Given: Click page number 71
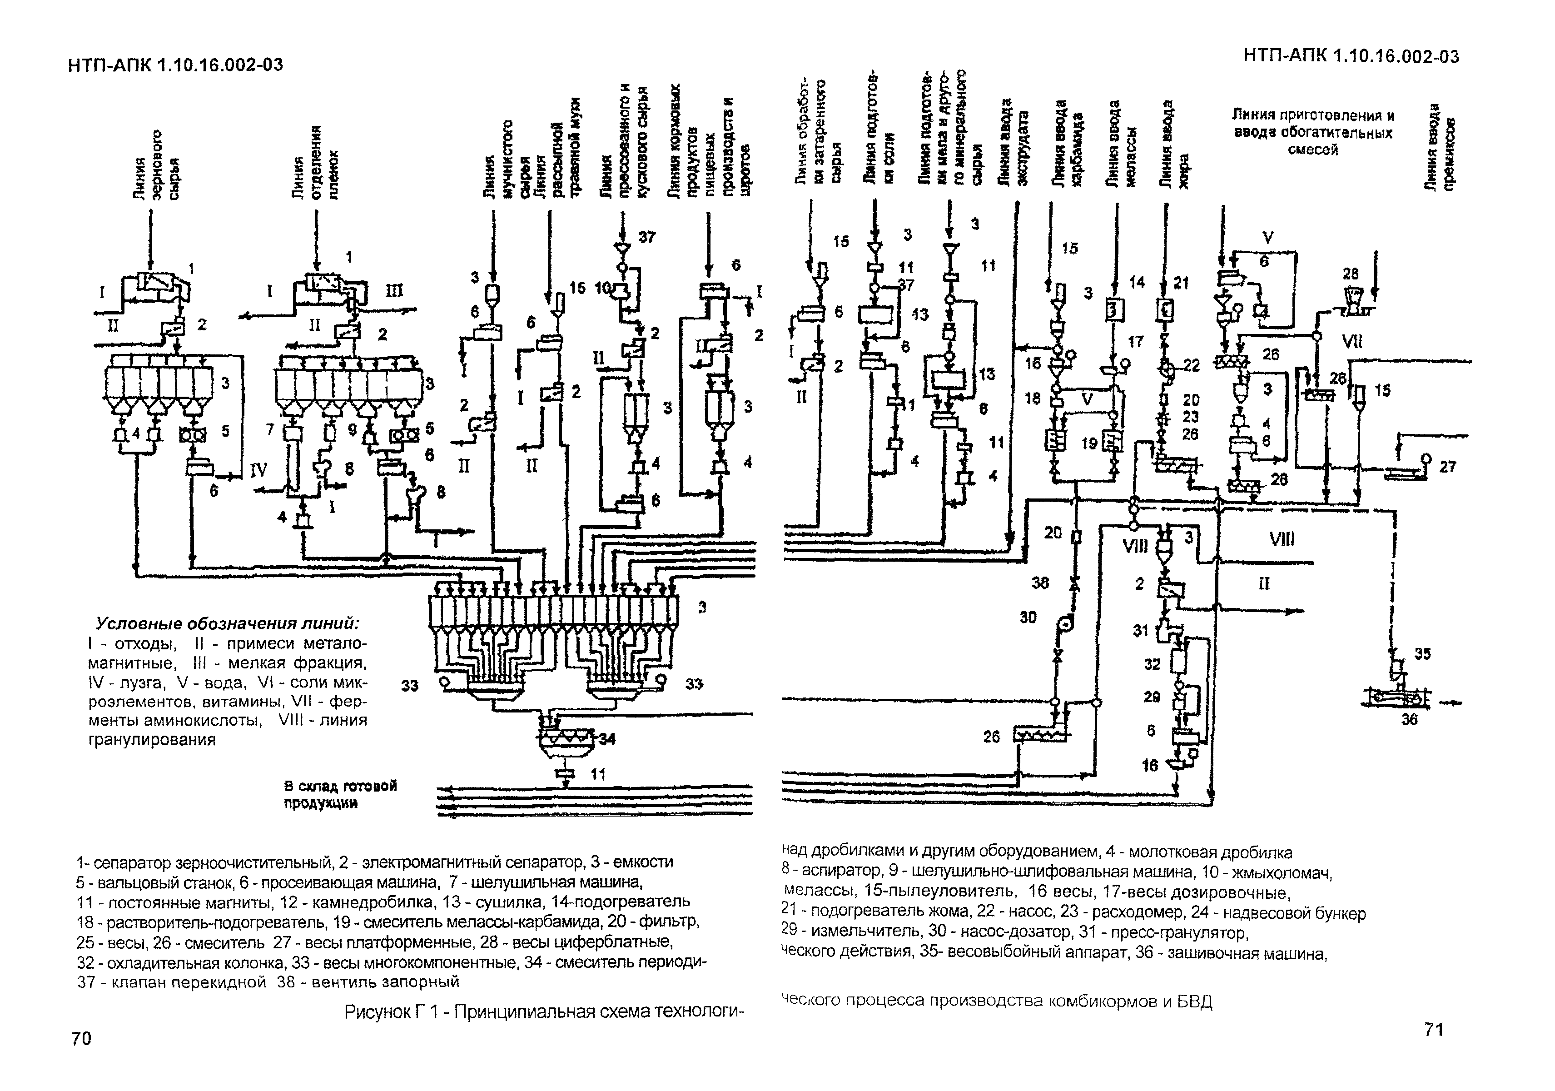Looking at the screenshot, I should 1434,1029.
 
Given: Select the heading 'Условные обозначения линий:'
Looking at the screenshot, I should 227,623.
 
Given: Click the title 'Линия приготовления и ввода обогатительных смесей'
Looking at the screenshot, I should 1312,132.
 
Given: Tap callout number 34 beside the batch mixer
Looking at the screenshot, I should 607,739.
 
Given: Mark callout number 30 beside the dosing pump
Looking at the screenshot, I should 1028,618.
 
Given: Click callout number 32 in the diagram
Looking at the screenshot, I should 1152,665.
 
